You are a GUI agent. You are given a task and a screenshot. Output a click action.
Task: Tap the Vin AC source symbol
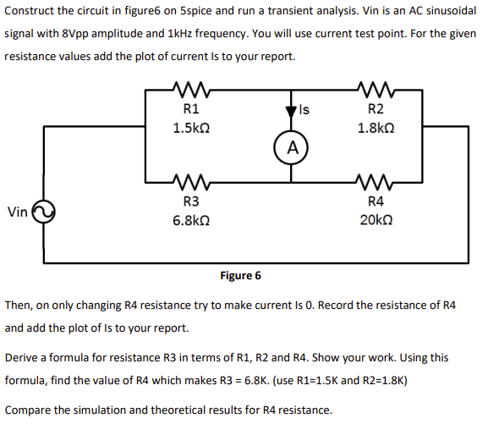(x=43, y=211)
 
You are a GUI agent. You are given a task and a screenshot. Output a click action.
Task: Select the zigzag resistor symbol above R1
(x=191, y=88)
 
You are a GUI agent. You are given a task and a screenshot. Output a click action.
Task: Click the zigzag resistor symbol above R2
(x=376, y=88)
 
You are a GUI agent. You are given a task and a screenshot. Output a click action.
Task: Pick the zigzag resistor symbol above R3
(x=191, y=180)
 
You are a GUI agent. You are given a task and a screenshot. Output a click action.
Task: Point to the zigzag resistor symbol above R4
(x=376, y=180)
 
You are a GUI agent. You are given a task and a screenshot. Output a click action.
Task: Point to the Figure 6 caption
(x=240, y=275)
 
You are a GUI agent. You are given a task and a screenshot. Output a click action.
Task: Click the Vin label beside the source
(x=18, y=211)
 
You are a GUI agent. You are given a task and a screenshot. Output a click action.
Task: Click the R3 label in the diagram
(x=191, y=201)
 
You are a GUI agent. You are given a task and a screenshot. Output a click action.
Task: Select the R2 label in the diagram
(x=376, y=109)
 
